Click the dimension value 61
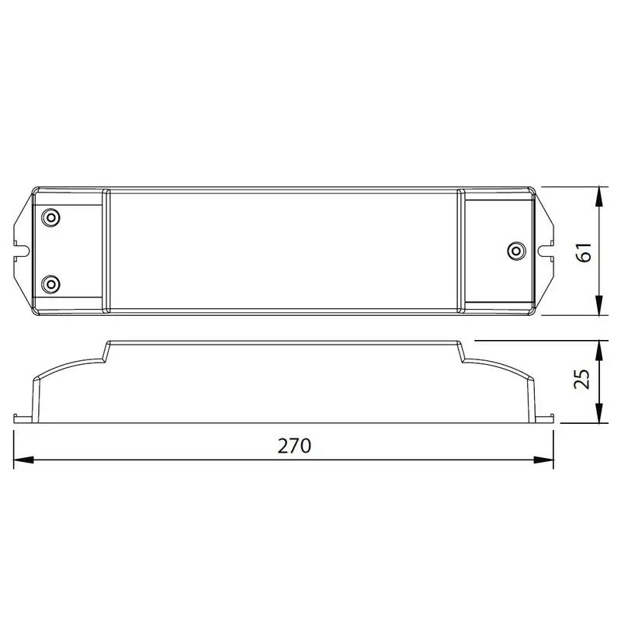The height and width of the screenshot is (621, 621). [584, 251]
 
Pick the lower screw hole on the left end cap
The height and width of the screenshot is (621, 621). [50, 283]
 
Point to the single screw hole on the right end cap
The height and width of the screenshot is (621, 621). [513, 251]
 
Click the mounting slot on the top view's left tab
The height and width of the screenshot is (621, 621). [24, 251]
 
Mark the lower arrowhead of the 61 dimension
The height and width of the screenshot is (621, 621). [598, 308]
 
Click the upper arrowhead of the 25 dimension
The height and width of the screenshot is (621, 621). [598, 347]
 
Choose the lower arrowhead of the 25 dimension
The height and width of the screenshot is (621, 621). [598, 415]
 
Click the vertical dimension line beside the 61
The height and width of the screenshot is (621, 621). [598, 233]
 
